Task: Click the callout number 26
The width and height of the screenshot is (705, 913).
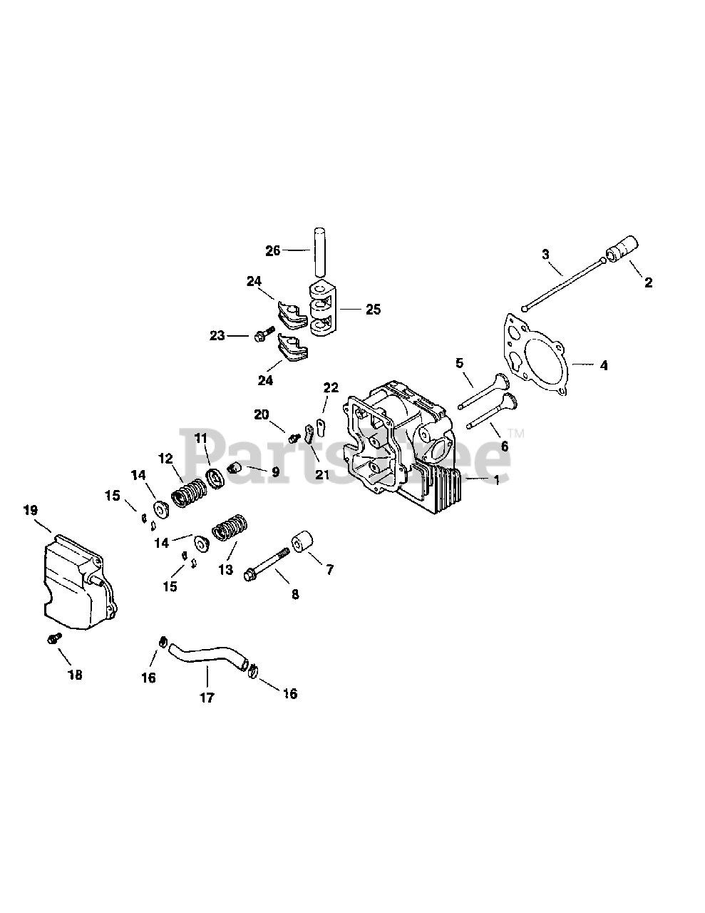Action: click(272, 250)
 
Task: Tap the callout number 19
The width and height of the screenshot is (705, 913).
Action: click(30, 510)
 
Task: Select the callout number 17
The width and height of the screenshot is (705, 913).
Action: click(206, 698)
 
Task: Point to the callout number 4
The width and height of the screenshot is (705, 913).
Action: click(603, 365)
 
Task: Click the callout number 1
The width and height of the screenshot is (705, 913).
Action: click(496, 480)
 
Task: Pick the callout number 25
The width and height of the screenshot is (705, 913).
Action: click(373, 310)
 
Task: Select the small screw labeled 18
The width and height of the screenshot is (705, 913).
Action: click(51, 639)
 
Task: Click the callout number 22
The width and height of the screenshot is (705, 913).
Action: click(331, 387)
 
